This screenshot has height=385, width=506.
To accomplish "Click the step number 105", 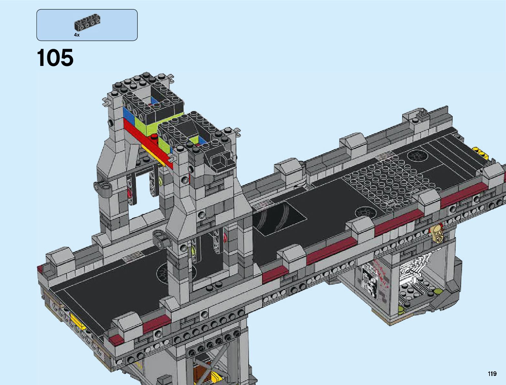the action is coord(55,58).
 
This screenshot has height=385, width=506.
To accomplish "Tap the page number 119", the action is coord(492,373).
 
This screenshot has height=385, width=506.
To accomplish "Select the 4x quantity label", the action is coord(77,35).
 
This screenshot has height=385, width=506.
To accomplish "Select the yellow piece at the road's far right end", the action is coord(481,153).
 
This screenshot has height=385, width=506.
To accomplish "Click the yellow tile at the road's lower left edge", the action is coord(78,322).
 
